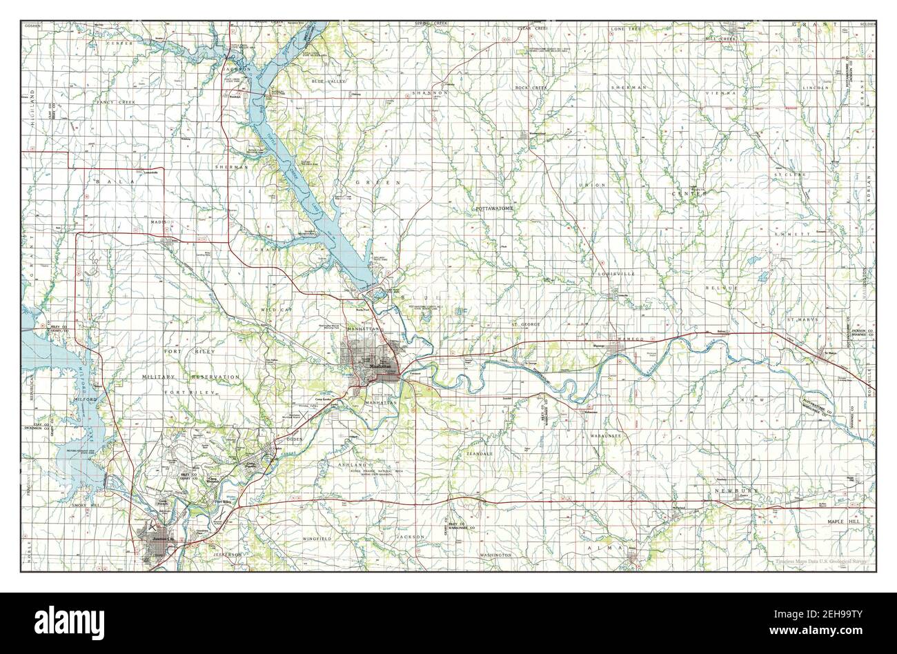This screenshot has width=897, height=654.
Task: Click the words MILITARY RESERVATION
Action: (x=190, y=377)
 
